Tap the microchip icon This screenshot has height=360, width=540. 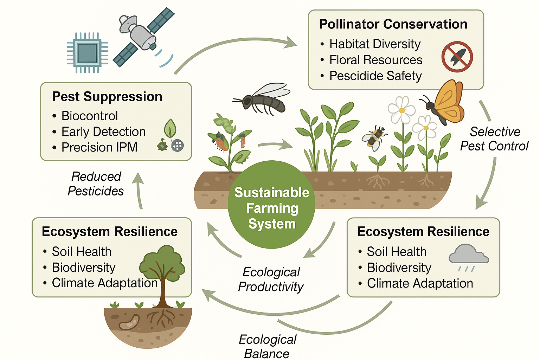coord(88,53)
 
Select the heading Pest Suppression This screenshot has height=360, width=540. coord(107,97)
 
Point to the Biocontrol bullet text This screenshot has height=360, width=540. coord(90,116)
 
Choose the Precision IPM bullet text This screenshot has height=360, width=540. coord(99,147)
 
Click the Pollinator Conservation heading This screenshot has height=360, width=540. coord(393,24)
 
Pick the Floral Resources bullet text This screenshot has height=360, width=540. coord(375,60)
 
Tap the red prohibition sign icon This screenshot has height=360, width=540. coord(457,57)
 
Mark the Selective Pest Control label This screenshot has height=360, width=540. coord(494,139)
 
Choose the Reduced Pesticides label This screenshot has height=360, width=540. coord(96,184)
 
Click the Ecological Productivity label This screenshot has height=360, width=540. coord(271,279)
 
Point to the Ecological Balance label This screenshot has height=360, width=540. coord(267,347)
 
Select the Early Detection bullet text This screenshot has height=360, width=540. coord(103,131)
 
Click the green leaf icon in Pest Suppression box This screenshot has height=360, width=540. coord(170,128)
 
